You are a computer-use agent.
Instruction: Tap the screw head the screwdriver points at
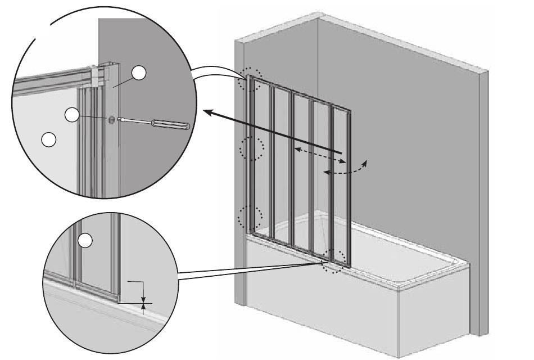(111, 119)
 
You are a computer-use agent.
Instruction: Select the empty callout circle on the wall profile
(139, 73)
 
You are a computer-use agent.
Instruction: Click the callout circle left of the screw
(72, 115)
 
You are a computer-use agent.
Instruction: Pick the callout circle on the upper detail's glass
(49, 139)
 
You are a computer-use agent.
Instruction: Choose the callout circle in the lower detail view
(84, 240)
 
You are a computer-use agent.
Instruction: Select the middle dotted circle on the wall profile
(251, 149)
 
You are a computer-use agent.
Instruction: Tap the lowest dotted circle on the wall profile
(251, 217)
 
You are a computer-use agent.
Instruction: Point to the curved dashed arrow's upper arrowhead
(366, 163)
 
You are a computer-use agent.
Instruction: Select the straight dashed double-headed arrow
(320, 156)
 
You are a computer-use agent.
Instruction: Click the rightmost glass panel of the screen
(341, 186)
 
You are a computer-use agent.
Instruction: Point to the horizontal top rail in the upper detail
(51, 79)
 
